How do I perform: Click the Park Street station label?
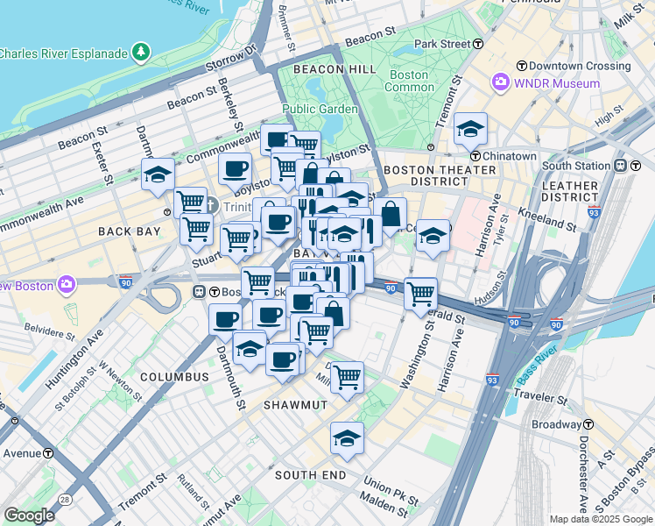[x=442, y=44]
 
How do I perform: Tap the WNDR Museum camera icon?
[x=501, y=83]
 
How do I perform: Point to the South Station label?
[x=575, y=165]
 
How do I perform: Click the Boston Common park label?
[x=409, y=81]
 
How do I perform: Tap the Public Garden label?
[x=320, y=109]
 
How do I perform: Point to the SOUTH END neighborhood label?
[x=310, y=474]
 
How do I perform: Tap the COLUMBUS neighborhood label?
[x=173, y=377]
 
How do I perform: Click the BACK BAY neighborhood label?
[x=130, y=231]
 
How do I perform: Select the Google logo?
[x=29, y=515]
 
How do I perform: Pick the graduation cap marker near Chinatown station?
[x=470, y=130]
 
